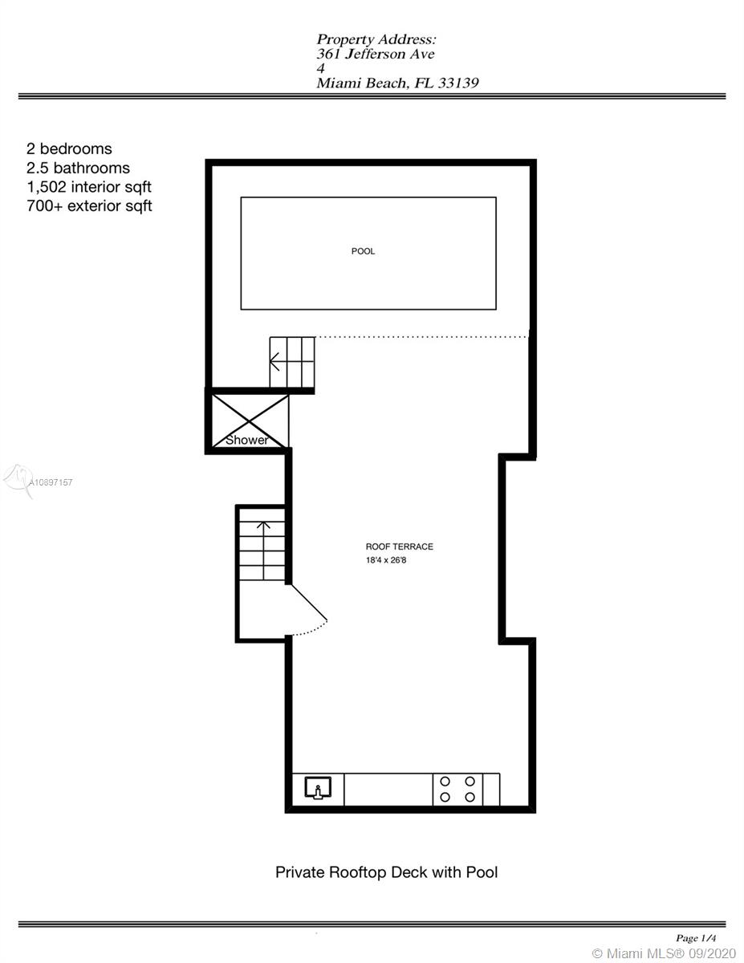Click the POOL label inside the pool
pos(363,251)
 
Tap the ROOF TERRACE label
pos(399,547)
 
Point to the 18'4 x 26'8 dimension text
pos(386,560)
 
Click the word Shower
pos(246,440)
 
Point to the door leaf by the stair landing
pos(307,601)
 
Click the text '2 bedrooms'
pos(69,149)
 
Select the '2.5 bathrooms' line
pos(78,168)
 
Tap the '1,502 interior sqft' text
pos(89,187)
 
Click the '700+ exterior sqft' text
pos(89,206)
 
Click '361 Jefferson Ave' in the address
pos(376,54)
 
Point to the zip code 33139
pos(458,83)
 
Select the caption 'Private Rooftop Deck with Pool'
pos(386,872)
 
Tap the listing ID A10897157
pos(50,482)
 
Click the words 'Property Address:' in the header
pos(376,40)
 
